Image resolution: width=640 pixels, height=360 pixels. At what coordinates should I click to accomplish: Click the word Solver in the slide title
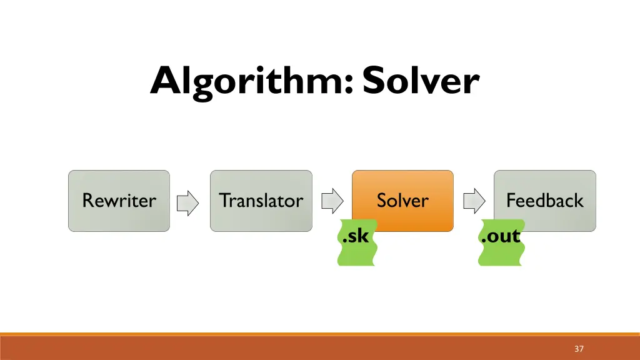tap(421, 81)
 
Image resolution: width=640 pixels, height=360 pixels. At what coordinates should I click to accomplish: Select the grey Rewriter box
tap(119, 201)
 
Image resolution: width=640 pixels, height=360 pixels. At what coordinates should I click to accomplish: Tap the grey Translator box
tap(261, 201)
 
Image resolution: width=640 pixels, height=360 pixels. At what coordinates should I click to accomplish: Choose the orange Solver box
tap(402, 201)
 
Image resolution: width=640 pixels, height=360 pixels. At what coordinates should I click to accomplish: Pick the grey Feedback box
tap(544, 201)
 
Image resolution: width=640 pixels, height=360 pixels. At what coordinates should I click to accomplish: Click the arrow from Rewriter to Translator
tap(187, 201)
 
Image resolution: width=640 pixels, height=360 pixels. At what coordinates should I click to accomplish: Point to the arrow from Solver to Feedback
tap(474, 201)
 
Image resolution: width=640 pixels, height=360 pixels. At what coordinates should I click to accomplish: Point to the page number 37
tap(579, 349)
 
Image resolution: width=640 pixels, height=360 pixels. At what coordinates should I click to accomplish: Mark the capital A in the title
tap(164, 81)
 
